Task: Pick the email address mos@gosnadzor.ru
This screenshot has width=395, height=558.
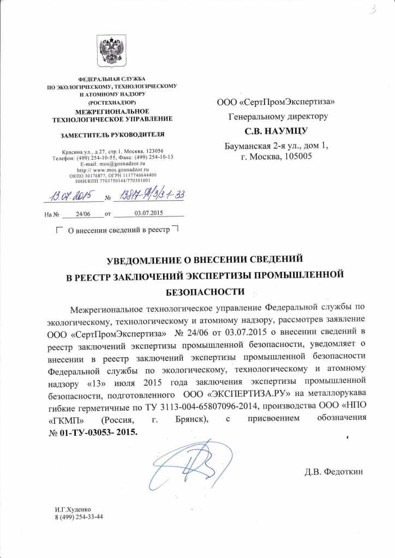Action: (121, 163)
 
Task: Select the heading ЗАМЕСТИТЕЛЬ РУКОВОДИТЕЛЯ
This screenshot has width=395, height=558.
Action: (111, 134)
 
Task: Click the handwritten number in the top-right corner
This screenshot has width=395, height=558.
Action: (373, 9)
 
